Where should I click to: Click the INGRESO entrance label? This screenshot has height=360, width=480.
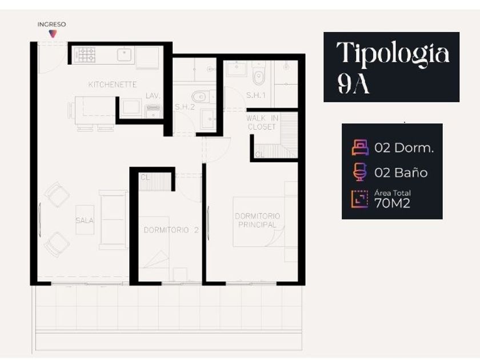[51, 25]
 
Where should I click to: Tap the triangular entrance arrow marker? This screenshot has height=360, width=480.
[53, 34]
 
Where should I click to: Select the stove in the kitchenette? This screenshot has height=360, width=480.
[85, 55]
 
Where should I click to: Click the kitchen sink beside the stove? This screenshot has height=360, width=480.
[125, 54]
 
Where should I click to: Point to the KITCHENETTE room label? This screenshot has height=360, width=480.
[113, 85]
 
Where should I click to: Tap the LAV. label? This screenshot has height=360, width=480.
[153, 96]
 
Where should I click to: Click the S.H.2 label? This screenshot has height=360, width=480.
[185, 107]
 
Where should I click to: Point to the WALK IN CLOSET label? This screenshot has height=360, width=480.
[262, 122]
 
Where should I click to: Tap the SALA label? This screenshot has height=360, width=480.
[85, 221]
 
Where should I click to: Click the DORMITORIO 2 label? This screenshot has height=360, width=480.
[171, 230]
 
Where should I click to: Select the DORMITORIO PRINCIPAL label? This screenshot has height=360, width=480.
[258, 221]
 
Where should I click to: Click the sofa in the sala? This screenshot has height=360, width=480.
[113, 220]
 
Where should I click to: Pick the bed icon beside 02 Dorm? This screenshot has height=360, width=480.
[360, 147]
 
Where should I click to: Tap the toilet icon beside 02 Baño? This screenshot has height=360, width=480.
[360, 172]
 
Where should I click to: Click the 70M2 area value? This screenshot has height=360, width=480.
[392, 203]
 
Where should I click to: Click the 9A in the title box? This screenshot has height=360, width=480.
[354, 84]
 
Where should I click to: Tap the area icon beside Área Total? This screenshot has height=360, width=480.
[359, 199]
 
